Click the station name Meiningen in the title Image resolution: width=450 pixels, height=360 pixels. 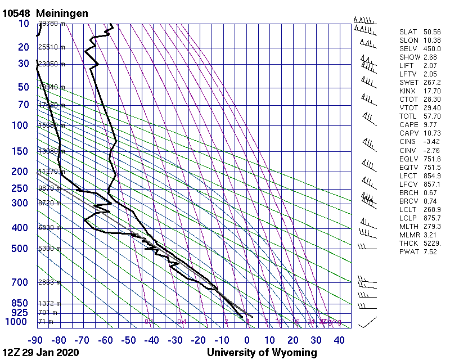[x=62, y=13]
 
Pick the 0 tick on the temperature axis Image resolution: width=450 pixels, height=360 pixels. [x=247, y=340]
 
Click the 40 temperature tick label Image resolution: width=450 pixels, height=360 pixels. [x=339, y=340]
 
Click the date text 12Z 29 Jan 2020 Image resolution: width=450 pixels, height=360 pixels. [x=40, y=353]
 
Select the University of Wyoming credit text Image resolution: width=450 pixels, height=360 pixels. [x=262, y=353]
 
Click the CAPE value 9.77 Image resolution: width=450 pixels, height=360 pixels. [x=430, y=125]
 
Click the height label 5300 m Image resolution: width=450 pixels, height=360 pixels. [x=49, y=249]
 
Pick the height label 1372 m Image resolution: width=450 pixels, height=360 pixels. [x=49, y=303]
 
